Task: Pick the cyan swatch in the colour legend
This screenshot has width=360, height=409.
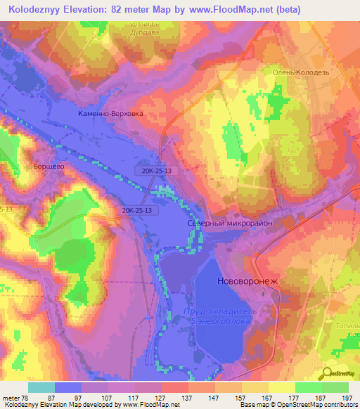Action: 41,387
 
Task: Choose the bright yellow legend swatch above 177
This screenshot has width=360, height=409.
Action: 281,387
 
